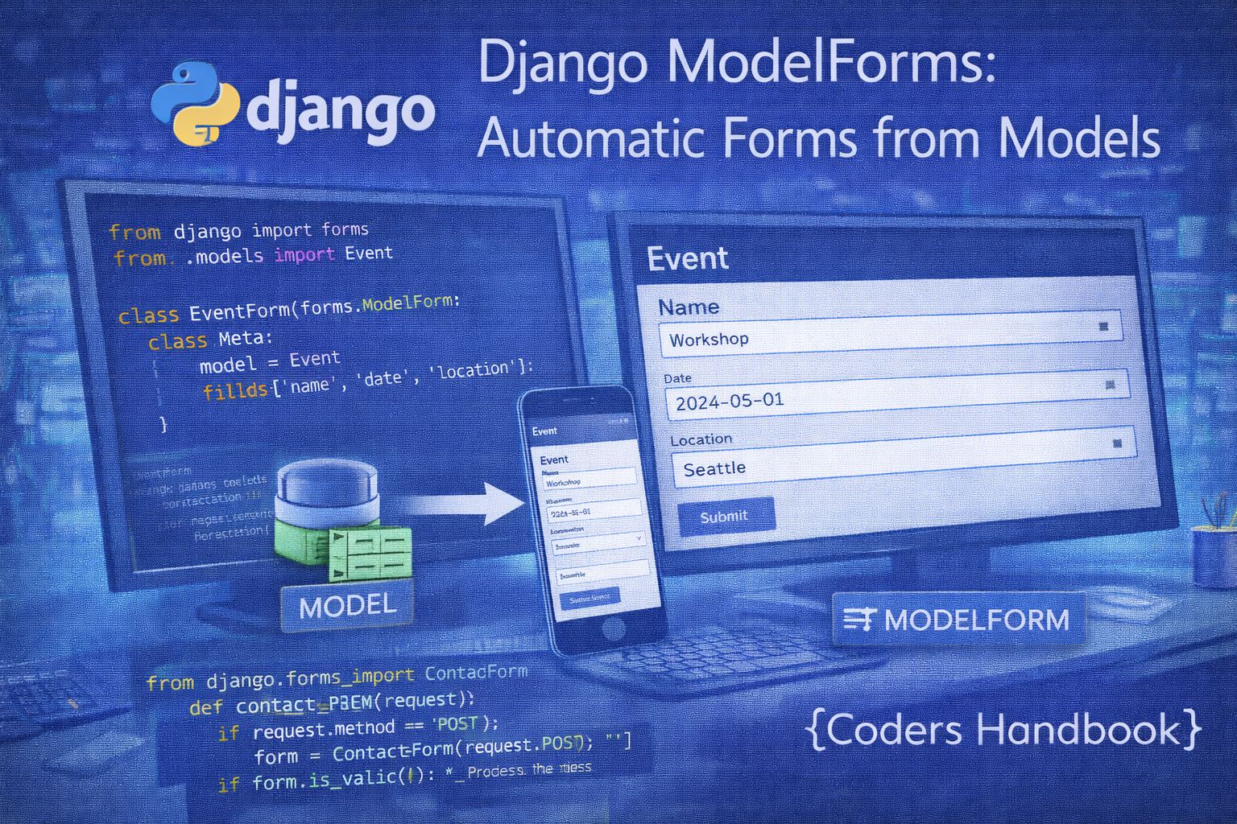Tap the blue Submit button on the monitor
(x=725, y=517)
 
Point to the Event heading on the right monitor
(x=687, y=258)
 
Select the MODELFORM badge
(x=958, y=620)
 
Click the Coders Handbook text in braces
(x=1003, y=730)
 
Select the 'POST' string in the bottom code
(x=457, y=724)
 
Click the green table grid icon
(x=370, y=553)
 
